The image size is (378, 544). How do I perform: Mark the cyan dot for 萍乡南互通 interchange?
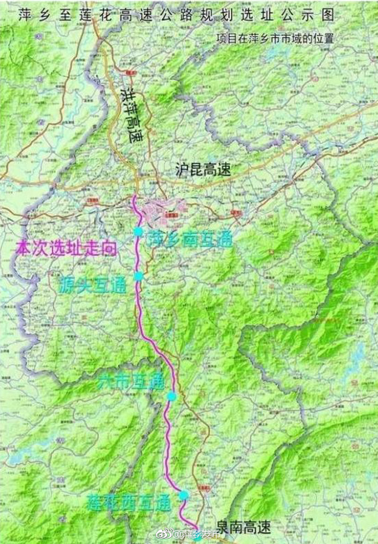pos(138,232)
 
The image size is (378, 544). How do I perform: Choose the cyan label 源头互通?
pos(93,284)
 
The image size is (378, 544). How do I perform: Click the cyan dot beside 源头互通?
pos(138,276)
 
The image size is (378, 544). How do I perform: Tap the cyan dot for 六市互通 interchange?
pos(172,397)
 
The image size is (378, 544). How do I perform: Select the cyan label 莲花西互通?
pos(128,502)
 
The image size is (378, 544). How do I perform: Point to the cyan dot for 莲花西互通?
pos(183,495)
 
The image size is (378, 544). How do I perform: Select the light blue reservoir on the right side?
pos(358,357)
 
